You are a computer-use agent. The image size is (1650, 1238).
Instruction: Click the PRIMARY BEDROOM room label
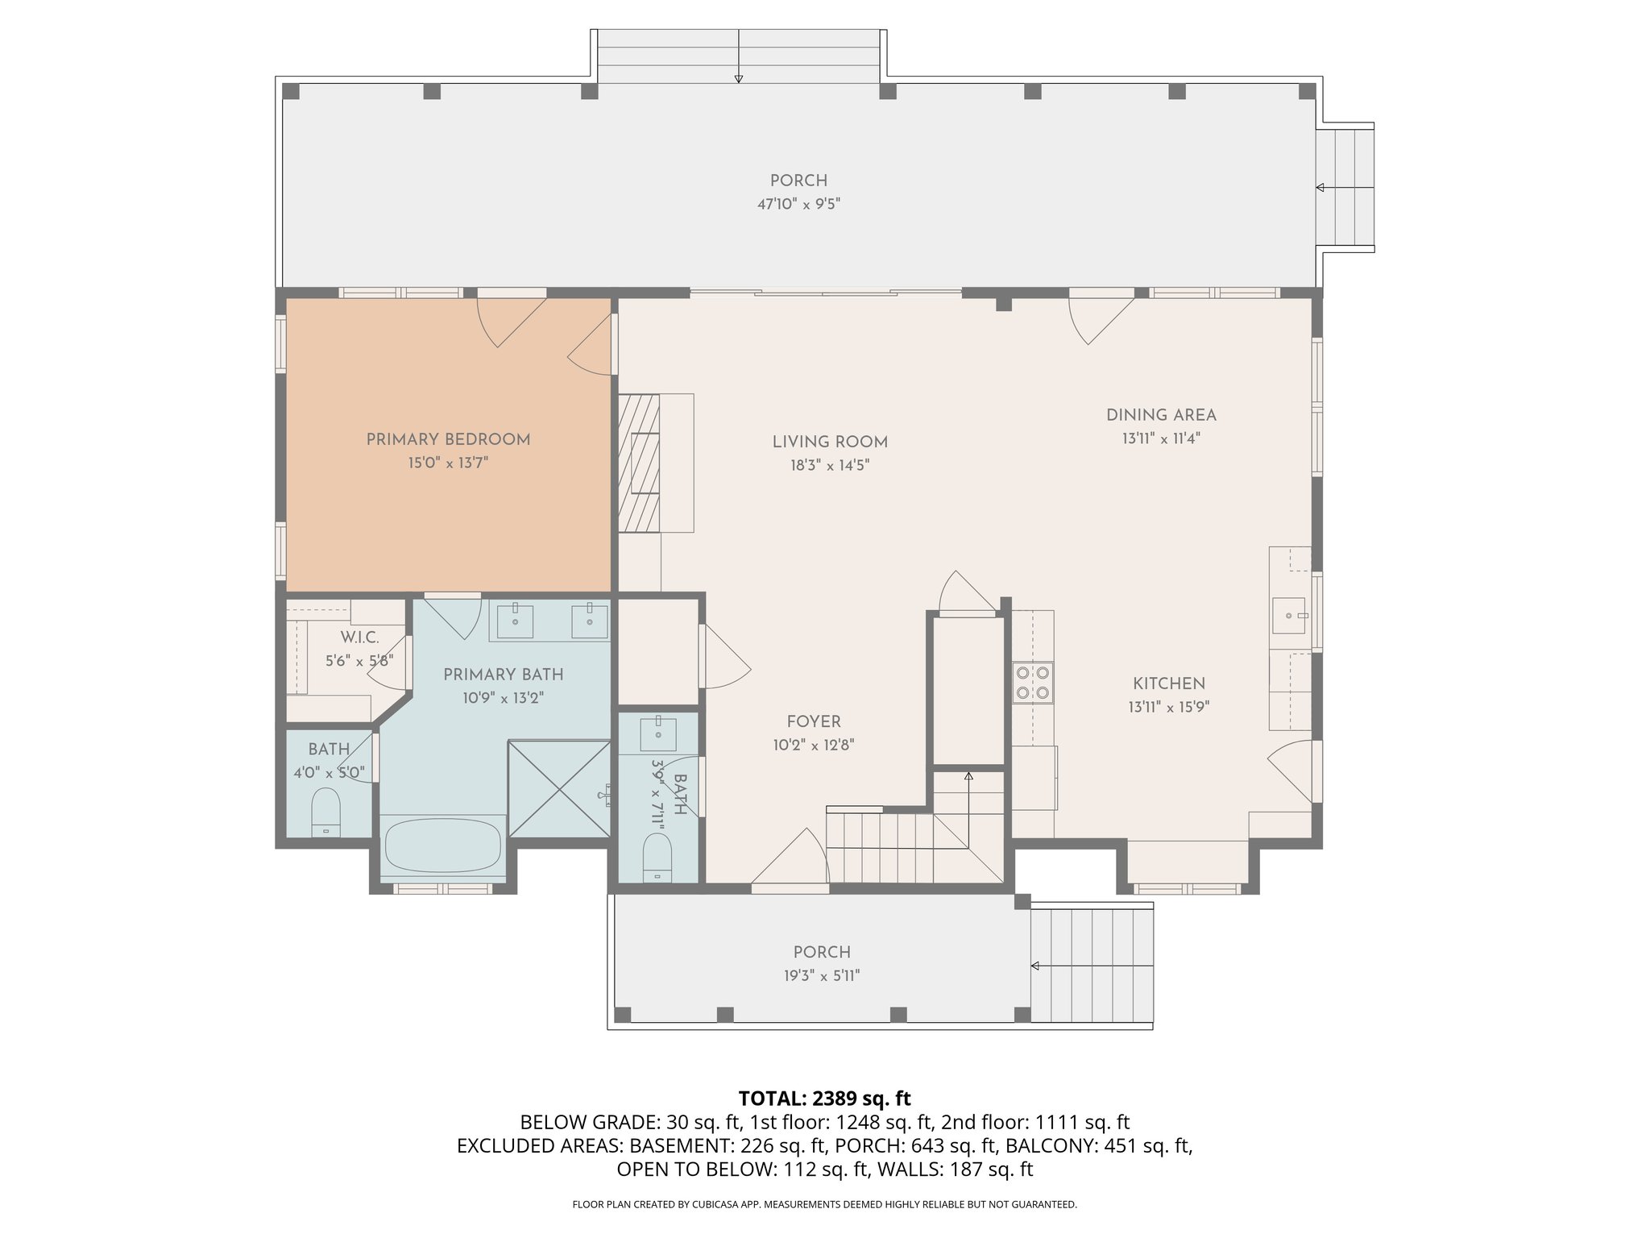(x=448, y=440)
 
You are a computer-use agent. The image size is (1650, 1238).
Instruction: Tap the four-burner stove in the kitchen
(x=1032, y=682)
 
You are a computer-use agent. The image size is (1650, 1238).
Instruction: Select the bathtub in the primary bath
(x=442, y=845)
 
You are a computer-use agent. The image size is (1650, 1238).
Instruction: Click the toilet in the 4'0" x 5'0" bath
(x=326, y=812)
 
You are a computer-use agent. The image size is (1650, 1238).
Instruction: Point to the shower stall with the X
(x=559, y=788)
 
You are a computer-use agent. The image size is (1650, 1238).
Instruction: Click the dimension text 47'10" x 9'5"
(x=798, y=205)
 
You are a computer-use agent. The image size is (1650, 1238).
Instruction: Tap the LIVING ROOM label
(x=830, y=442)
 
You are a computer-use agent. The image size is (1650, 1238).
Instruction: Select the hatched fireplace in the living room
(x=638, y=463)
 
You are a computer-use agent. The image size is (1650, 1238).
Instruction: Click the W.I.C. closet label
(x=359, y=638)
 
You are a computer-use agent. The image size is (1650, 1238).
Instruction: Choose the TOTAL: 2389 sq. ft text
(x=824, y=1098)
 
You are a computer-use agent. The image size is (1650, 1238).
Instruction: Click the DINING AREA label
(x=1160, y=416)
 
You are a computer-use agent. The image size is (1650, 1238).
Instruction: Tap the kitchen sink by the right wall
(x=1289, y=616)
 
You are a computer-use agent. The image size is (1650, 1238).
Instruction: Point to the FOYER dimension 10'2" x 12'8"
(x=813, y=746)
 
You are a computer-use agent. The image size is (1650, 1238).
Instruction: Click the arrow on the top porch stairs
(x=738, y=77)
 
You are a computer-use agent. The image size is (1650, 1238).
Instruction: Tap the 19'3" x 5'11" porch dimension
(x=821, y=976)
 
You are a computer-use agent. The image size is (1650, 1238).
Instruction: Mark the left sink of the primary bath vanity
(x=515, y=620)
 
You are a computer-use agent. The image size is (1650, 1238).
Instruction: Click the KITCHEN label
(x=1168, y=684)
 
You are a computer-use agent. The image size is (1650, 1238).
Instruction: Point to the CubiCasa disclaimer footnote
(x=824, y=1204)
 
